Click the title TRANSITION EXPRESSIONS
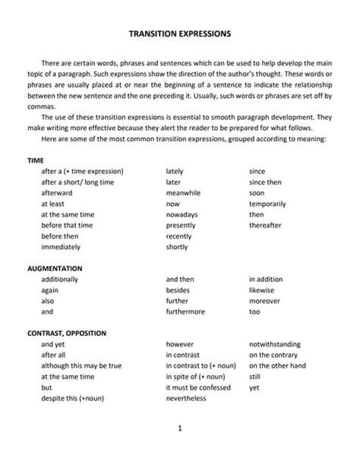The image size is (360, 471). (x=180, y=34)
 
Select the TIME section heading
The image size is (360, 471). (x=36, y=161)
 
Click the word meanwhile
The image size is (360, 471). (x=183, y=193)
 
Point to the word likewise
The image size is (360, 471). (x=262, y=290)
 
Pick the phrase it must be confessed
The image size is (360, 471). (x=197, y=387)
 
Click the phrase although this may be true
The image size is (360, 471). (x=81, y=366)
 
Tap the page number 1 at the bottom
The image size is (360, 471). (x=180, y=428)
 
